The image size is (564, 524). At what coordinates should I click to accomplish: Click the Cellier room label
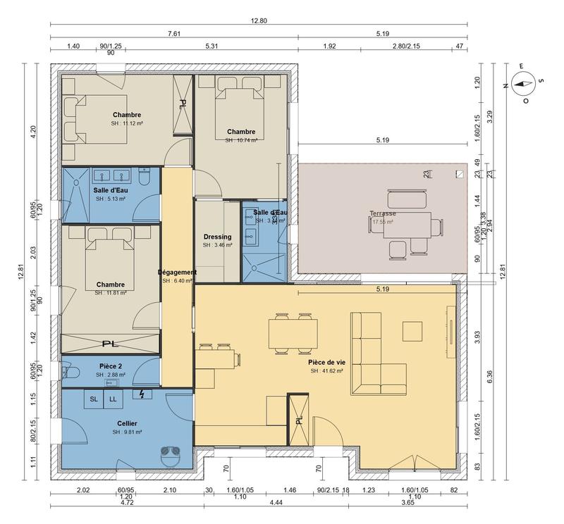pyautogui.click(x=128, y=423)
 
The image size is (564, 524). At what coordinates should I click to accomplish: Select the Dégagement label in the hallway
pyautogui.click(x=177, y=272)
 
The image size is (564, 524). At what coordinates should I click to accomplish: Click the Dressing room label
pyautogui.click(x=217, y=237)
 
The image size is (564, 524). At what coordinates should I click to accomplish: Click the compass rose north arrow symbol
pyautogui.click(x=522, y=85)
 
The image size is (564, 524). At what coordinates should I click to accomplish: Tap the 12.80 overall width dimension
pyautogui.click(x=259, y=20)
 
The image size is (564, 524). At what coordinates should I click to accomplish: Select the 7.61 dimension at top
pyautogui.click(x=173, y=33)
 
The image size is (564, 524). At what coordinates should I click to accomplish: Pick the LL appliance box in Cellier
pyautogui.click(x=114, y=399)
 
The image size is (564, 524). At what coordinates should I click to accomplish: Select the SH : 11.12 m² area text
pyautogui.click(x=126, y=123)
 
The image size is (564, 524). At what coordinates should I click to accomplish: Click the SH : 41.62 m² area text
pyautogui.click(x=326, y=370)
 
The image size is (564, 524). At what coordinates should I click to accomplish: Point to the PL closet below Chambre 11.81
pyautogui.click(x=109, y=344)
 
